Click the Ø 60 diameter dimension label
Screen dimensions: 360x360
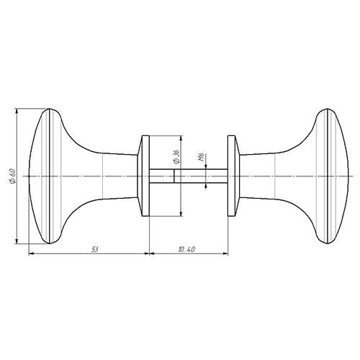[12, 176]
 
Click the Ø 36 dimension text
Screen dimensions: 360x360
[176, 157]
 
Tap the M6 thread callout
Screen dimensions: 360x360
[202, 157]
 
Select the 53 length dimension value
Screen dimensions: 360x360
[95, 250]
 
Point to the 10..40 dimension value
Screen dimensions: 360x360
[186, 250]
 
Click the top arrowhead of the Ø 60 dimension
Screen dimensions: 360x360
[17, 111]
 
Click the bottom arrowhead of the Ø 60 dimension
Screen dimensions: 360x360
[17, 241]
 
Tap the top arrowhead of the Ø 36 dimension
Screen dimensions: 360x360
[181, 138]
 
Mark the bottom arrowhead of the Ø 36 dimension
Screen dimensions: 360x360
[181, 214]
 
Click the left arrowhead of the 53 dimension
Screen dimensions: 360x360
[32, 253]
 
